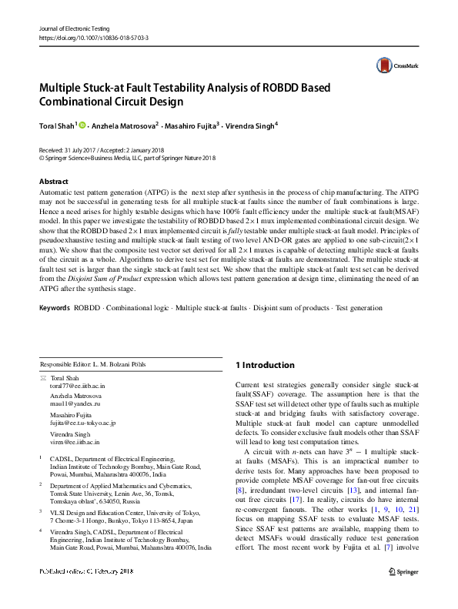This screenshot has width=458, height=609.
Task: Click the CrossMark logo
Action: (x=391, y=66)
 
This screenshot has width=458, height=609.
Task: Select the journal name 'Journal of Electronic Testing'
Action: (x=75, y=28)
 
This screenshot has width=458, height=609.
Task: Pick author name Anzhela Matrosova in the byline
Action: (x=125, y=125)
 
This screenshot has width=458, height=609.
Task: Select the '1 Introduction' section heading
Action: (x=264, y=365)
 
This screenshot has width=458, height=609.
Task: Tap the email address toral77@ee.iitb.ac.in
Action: (x=77, y=386)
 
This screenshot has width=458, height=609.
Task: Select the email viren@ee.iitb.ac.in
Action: (x=75, y=442)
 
